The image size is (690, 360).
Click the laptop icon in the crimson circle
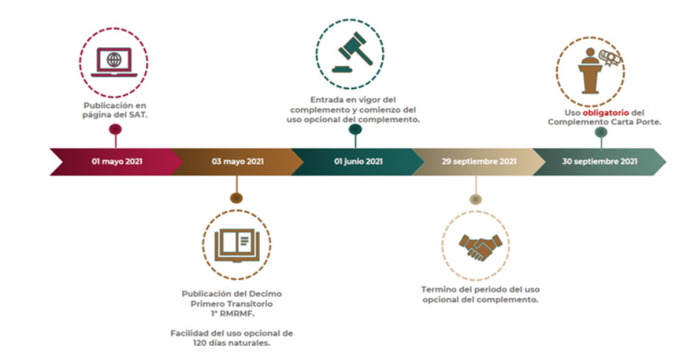[x=114, y=62]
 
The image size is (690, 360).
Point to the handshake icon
[x=480, y=247]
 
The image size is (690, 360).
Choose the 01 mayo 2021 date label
[x=117, y=161]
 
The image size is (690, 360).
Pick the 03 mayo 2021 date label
[x=238, y=161]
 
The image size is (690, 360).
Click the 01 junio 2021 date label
[x=358, y=161]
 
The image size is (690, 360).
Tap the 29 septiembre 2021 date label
[x=479, y=161]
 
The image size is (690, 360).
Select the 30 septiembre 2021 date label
[x=600, y=161]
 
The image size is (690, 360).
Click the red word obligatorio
[x=606, y=113]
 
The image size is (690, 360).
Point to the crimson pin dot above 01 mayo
[x=115, y=130]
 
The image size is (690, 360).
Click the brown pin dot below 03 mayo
[x=236, y=198]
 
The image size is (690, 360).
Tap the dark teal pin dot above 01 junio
[x=355, y=130]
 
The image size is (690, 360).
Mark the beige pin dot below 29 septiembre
[x=475, y=199]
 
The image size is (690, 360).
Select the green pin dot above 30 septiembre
[x=601, y=132]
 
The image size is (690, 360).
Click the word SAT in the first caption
[x=137, y=115]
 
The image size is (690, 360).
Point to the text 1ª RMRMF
[x=232, y=314]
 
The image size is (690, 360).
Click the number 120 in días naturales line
[x=200, y=343]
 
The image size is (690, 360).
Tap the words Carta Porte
[x=635, y=122]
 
